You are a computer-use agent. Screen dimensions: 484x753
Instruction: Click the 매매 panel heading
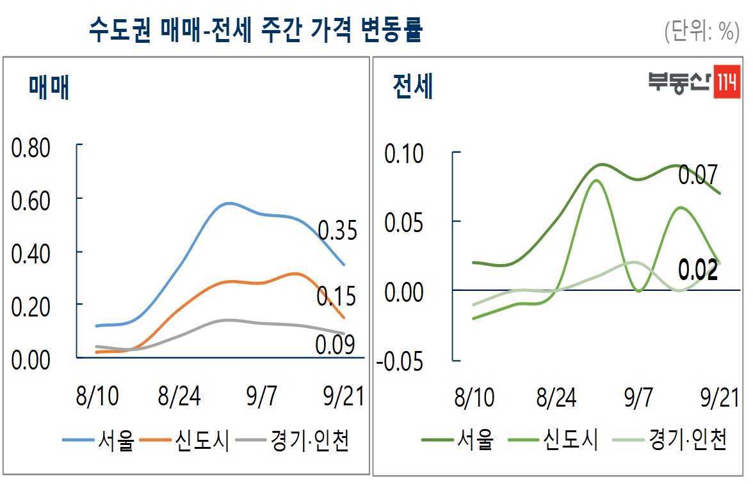[x=49, y=87]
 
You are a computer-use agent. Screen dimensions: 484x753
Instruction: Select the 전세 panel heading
[x=414, y=87]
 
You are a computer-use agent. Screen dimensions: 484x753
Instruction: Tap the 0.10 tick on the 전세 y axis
[x=404, y=154]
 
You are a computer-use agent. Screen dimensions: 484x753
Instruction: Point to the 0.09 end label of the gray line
[x=335, y=345]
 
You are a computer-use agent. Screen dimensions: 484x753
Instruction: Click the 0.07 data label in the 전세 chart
[x=697, y=175]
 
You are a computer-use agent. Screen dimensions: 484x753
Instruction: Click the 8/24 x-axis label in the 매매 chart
[x=179, y=397]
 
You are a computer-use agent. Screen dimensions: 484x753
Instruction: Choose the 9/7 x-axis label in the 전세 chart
[x=638, y=398]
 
